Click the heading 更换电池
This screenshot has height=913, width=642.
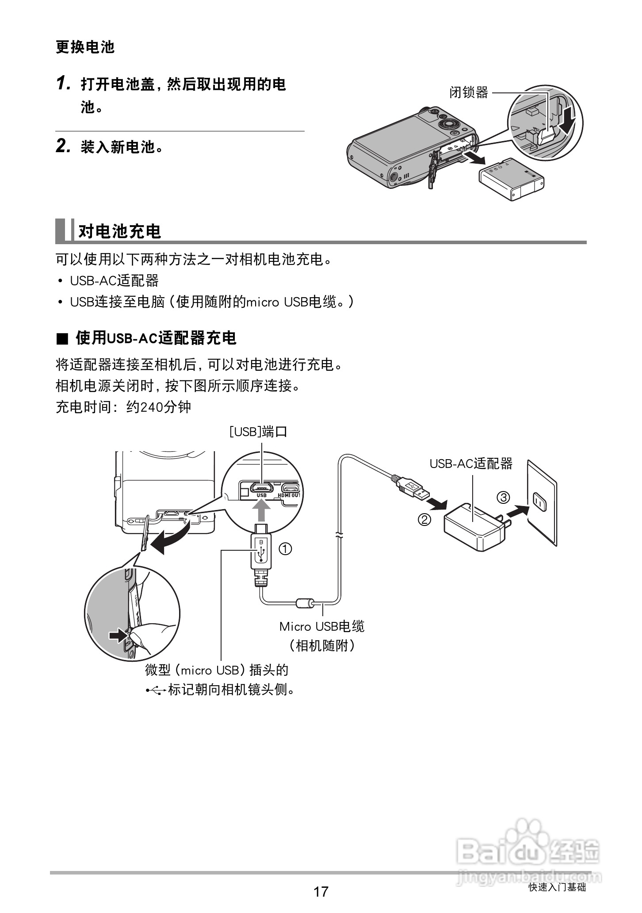pos(85,47)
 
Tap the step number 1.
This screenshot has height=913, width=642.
pos(64,83)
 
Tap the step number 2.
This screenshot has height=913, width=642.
pos(64,146)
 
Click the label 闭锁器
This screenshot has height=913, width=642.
pos(469,92)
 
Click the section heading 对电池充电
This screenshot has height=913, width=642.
pos(119,231)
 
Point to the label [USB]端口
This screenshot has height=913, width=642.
pos(258,431)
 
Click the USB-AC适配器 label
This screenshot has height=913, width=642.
pos(471,464)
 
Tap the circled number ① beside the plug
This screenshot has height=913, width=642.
pos(285,549)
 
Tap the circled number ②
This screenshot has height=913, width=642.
pos(424,519)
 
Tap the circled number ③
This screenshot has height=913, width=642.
pos(503,497)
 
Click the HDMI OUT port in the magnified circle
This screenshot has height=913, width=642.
pos(290,488)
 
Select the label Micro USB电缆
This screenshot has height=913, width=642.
pos(321,626)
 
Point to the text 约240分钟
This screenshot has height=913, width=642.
pos(159,407)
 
